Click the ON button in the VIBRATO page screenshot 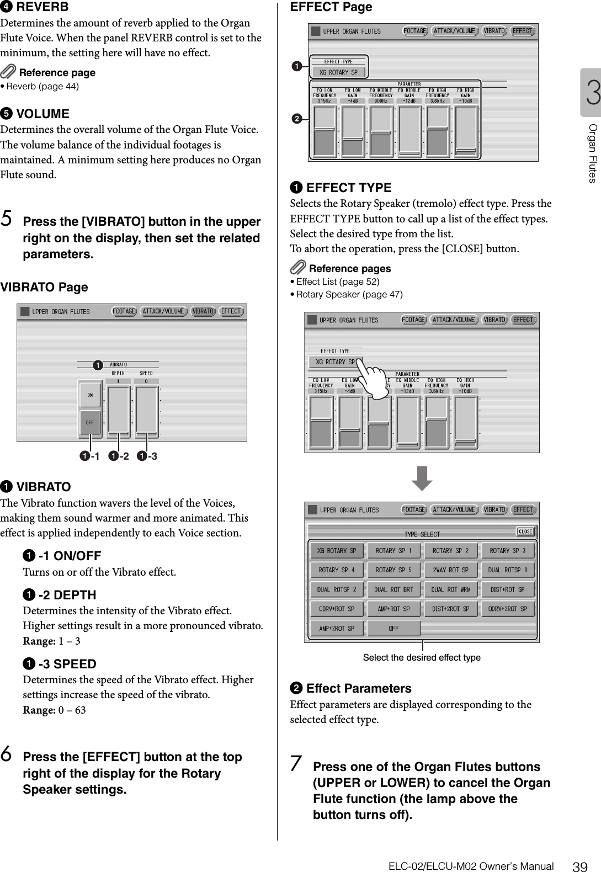click(89, 395)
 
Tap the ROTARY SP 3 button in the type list click(508, 551)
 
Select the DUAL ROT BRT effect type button click(393, 589)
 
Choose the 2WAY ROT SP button click(450, 570)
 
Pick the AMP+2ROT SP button click(336, 628)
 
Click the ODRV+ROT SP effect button click(336, 609)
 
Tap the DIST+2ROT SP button click(450, 609)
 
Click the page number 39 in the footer click(579, 866)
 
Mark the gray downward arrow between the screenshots click(422, 478)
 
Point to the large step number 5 click(8, 221)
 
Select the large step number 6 click(8, 756)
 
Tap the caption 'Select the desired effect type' click(422, 657)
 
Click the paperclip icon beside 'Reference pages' click(298, 268)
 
